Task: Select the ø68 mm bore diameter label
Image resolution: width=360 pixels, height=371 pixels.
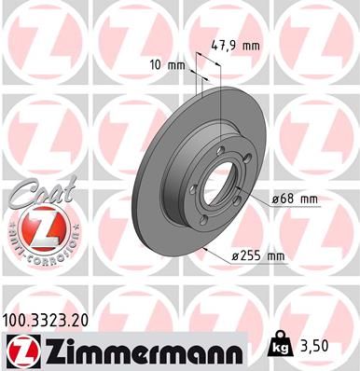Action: click(x=296, y=198)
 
